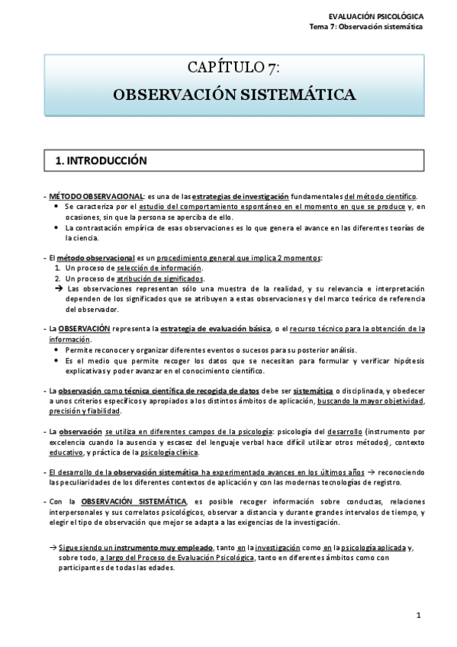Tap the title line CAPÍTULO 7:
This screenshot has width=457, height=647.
coord(234,69)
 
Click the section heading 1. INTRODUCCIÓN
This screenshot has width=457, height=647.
coord(101,161)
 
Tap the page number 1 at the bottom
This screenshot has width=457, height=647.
coord(419,615)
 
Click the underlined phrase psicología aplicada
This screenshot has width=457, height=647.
coord(368,547)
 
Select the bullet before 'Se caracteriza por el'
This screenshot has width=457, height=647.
coord(59,207)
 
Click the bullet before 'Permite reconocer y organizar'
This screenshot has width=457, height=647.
coord(59,349)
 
